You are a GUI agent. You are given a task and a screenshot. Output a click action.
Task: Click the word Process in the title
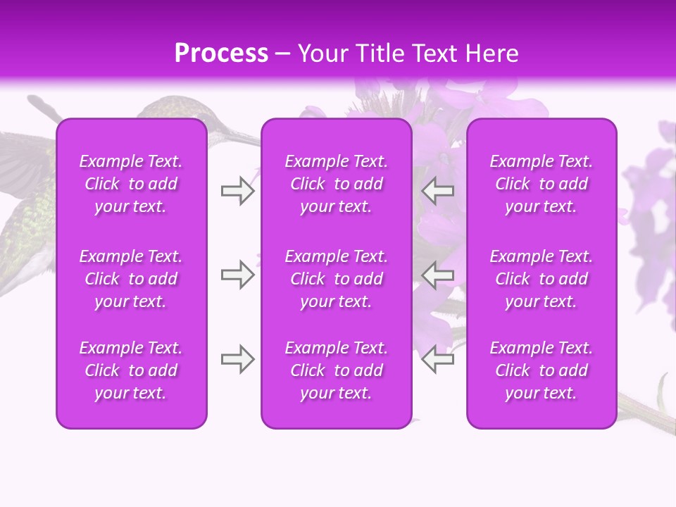[x=221, y=54]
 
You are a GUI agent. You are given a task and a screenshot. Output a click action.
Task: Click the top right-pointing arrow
[x=237, y=191]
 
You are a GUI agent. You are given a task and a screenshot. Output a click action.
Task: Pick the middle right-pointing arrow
[x=237, y=275]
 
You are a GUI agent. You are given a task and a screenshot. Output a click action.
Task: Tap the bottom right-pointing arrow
[x=237, y=359]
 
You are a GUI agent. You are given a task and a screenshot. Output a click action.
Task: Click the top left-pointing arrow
[x=438, y=191]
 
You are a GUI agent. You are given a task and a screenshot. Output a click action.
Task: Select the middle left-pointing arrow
[x=438, y=275]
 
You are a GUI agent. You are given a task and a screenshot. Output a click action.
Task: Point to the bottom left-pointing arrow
[x=438, y=359]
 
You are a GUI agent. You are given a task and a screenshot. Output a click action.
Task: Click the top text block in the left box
[x=131, y=184]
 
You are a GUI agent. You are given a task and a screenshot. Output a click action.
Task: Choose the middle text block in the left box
[x=131, y=279]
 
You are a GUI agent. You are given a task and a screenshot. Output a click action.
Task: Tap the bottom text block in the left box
[x=131, y=370]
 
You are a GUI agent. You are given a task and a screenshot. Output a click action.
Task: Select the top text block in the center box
[x=337, y=184]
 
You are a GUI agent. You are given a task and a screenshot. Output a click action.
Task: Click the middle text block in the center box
[x=337, y=279]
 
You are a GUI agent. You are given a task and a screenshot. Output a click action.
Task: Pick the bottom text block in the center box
[x=337, y=370]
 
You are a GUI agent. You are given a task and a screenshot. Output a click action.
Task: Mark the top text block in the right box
[x=542, y=184]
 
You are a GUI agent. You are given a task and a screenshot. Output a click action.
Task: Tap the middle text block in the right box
[x=542, y=279]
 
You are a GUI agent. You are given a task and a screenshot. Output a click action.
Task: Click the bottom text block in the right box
[x=542, y=370]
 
